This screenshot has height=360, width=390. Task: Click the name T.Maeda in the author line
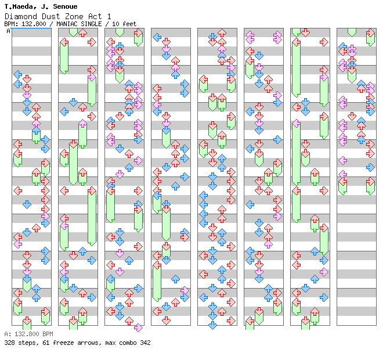pyautogui.click(x=17, y=6)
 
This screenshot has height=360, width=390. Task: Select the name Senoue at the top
pyautogui.click(x=50, y=6)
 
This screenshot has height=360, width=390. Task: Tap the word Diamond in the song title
pyautogui.click(x=18, y=16)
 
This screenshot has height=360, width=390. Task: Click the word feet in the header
pyautogui.click(x=128, y=24)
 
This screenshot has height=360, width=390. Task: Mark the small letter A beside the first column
pyautogui.click(x=8, y=31)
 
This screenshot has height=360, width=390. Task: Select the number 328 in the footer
pyautogui.click(x=9, y=343)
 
